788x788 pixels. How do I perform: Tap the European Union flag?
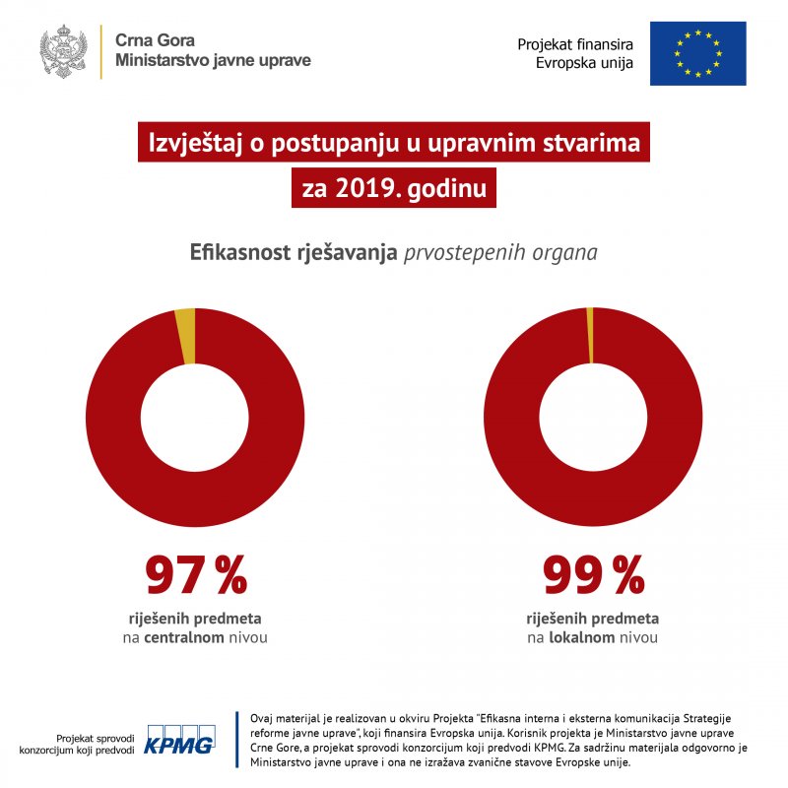[x=697, y=52]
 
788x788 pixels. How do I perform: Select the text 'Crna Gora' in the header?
[x=155, y=41]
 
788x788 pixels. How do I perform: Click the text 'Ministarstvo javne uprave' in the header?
[x=213, y=61]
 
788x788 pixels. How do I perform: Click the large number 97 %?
[x=196, y=576]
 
